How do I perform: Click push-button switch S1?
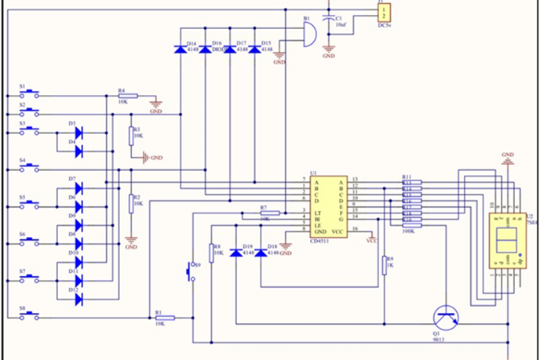click(x=29, y=93)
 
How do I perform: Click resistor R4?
click(x=127, y=96)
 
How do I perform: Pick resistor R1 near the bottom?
click(x=164, y=318)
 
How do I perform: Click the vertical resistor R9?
click(x=385, y=264)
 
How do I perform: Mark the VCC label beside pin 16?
click(x=372, y=241)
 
